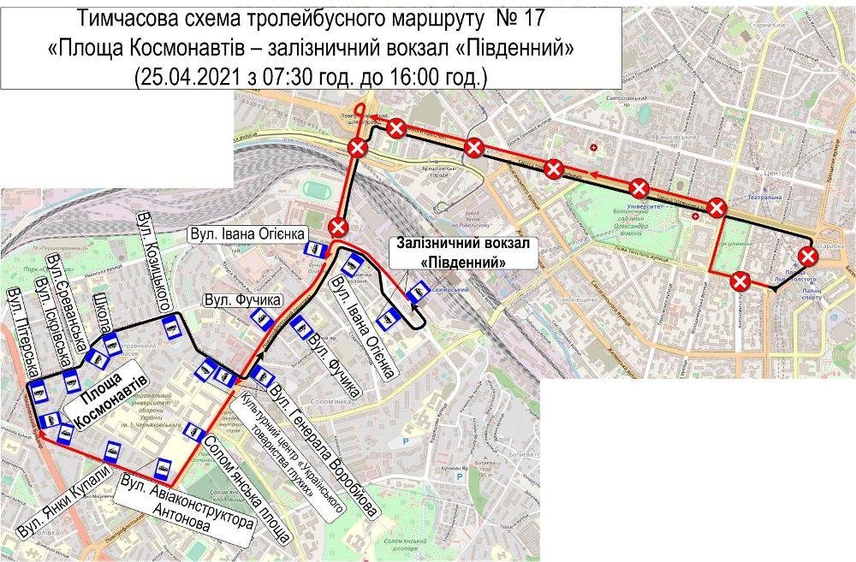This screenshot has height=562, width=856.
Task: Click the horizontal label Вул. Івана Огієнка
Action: coord(243,233)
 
